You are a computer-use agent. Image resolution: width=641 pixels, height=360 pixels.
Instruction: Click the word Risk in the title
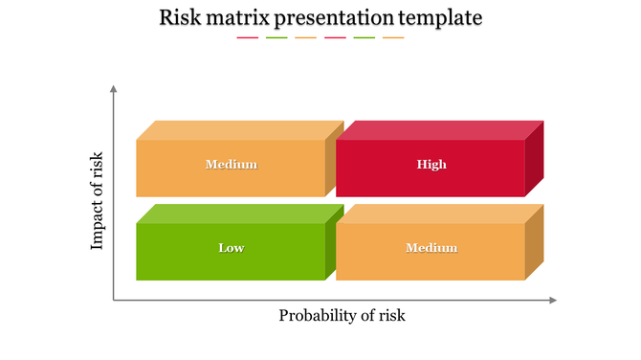[x=181, y=17]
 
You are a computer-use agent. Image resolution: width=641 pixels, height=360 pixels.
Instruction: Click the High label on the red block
[x=431, y=165]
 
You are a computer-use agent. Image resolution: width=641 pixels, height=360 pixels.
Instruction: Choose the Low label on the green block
[x=232, y=248]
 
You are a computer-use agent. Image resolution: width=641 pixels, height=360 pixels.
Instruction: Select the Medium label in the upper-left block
[x=232, y=165]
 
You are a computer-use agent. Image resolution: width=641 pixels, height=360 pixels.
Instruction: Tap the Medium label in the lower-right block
[x=431, y=248]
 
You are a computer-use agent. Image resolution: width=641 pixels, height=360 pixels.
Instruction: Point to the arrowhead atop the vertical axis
[x=114, y=89]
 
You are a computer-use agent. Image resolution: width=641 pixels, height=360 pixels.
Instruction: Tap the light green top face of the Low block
[x=240, y=214]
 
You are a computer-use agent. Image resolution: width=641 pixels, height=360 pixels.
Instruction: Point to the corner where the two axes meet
[x=114, y=301]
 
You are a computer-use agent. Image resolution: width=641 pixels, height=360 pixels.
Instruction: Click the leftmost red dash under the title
[x=247, y=38]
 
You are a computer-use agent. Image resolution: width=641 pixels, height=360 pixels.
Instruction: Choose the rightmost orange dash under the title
[x=393, y=38]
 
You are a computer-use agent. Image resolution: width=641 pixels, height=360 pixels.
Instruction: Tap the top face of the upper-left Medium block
[x=240, y=130]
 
